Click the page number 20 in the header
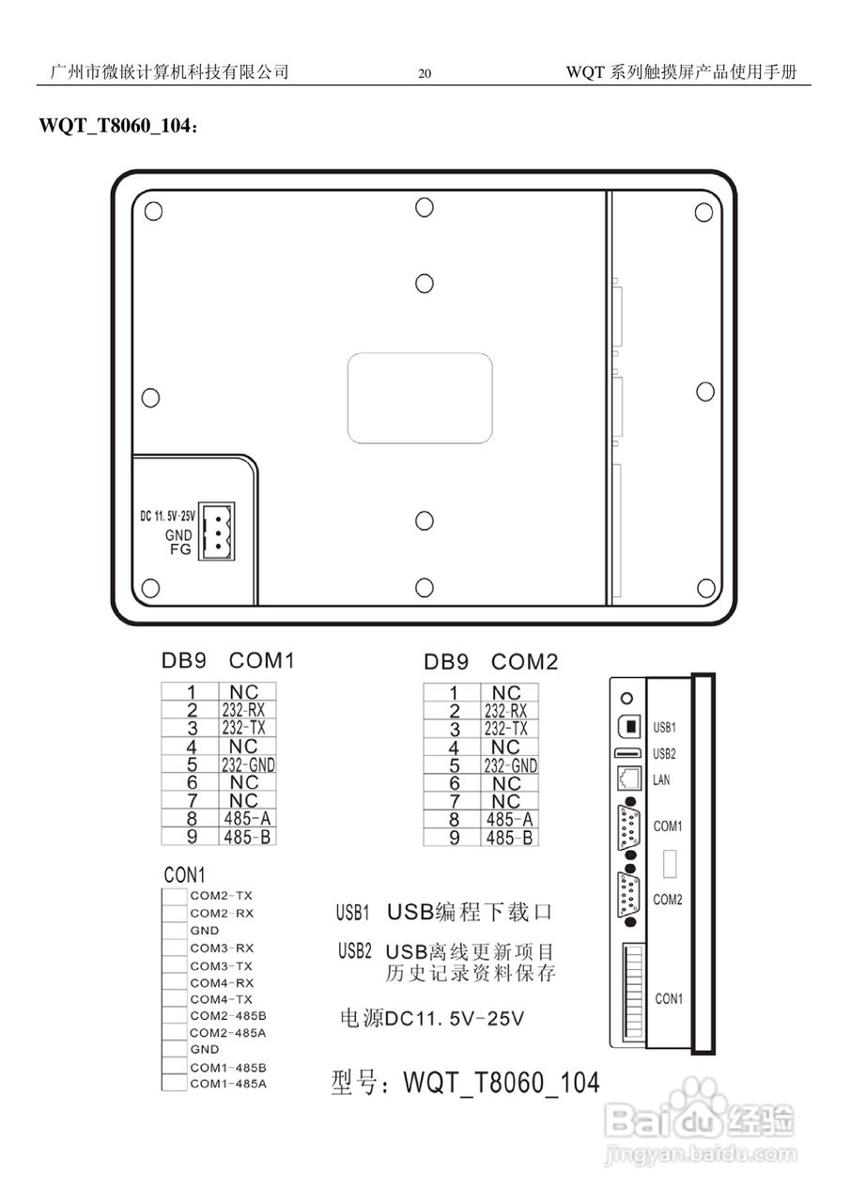point(425,74)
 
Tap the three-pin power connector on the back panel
point(216,532)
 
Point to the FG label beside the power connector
point(179,549)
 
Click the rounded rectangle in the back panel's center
point(420,397)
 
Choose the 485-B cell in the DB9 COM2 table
point(509,837)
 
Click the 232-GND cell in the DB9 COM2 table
point(510,765)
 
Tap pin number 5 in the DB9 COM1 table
point(191,764)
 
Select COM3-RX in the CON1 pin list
point(222,948)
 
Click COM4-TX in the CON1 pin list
point(222,999)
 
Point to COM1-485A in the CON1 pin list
point(228,1084)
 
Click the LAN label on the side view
point(661,780)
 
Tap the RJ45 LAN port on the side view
point(628,778)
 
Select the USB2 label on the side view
point(664,753)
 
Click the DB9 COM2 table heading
point(490,662)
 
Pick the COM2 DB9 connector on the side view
point(628,898)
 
